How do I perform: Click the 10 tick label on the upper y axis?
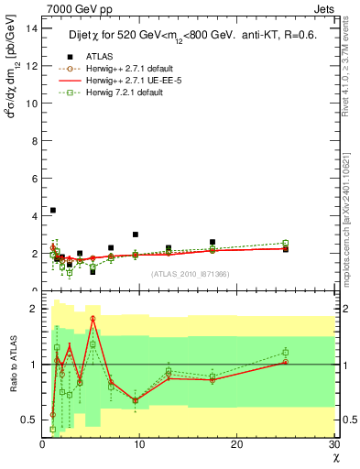[x=31, y=103]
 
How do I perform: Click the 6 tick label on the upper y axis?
[x=33, y=178]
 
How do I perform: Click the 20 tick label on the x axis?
[x=236, y=444]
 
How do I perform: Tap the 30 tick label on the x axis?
[x=333, y=444]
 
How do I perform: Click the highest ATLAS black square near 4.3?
[x=52, y=210]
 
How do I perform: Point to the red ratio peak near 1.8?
[x=93, y=318]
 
